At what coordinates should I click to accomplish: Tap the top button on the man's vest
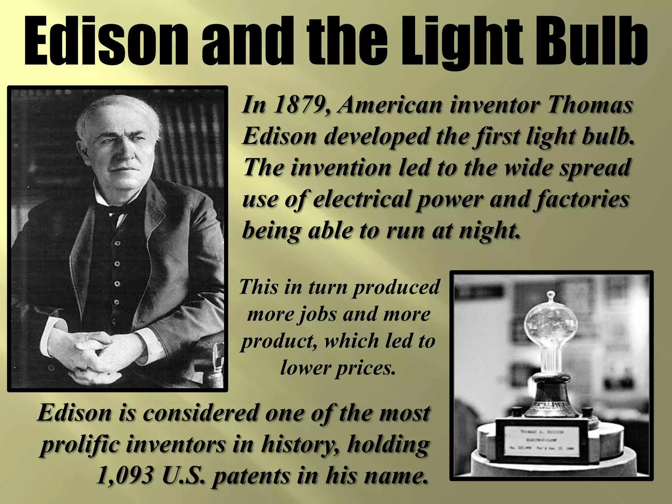117,243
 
